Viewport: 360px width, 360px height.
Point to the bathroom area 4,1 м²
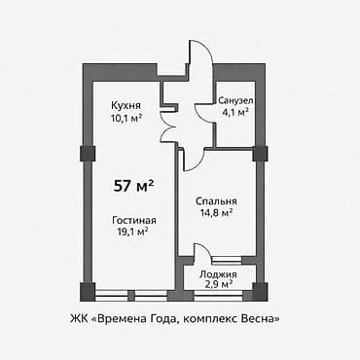pos(234,112)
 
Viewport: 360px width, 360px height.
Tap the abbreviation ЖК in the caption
pos(78,316)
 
